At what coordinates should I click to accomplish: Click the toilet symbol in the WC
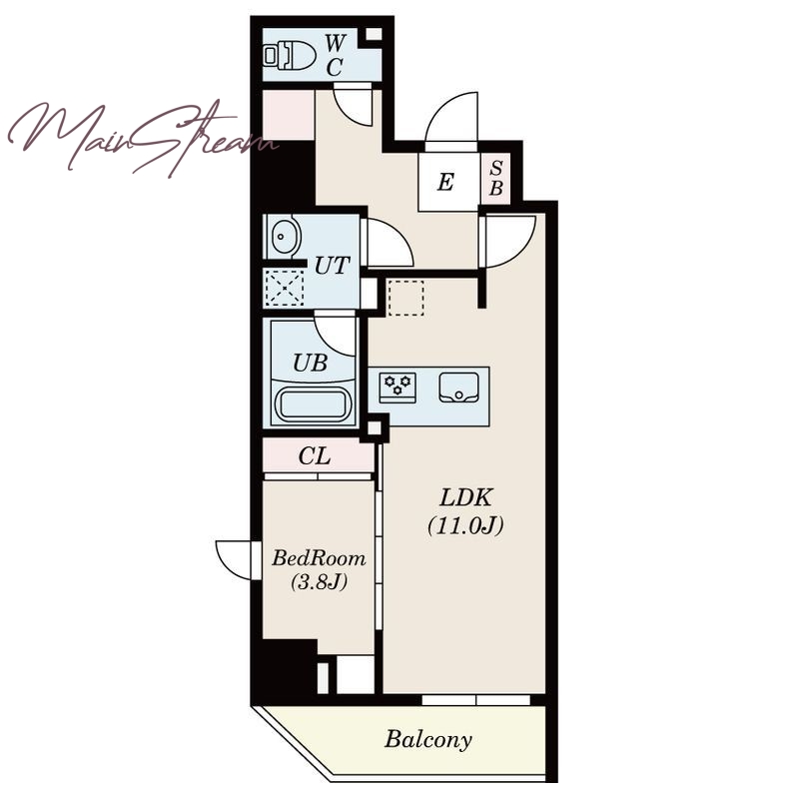pyautogui.click(x=289, y=55)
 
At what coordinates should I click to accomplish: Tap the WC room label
pyautogui.click(x=335, y=55)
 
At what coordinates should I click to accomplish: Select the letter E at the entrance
pyautogui.click(x=445, y=182)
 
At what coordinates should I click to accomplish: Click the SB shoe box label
pyautogui.click(x=495, y=179)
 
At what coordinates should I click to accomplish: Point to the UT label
pyautogui.click(x=333, y=266)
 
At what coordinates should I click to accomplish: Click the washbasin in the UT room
pyautogui.click(x=285, y=237)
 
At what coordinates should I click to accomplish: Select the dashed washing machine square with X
pyautogui.click(x=285, y=288)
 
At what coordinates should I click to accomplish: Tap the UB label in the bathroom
pyautogui.click(x=310, y=363)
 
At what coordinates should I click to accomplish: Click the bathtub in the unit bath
pyautogui.click(x=312, y=404)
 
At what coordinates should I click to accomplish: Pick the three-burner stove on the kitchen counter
pyautogui.click(x=398, y=388)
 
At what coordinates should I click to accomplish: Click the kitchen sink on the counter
pyautogui.click(x=458, y=388)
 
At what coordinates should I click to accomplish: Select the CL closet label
pyautogui.click(x=315, y=456)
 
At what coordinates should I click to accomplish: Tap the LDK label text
pyautogui.click(x=465, y=497)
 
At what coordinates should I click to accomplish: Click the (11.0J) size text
pyautogui.click(x=465, y=525)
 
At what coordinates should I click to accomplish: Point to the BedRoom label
pyautogui.click(x=319, y=558)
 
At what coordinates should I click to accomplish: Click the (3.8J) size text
pyautogui.click(x=319, y=581)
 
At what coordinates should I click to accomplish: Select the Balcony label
pyautogui.click(x=428, y=739)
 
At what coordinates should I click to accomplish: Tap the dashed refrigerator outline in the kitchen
pyautogui.click(x=406, y=297)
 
